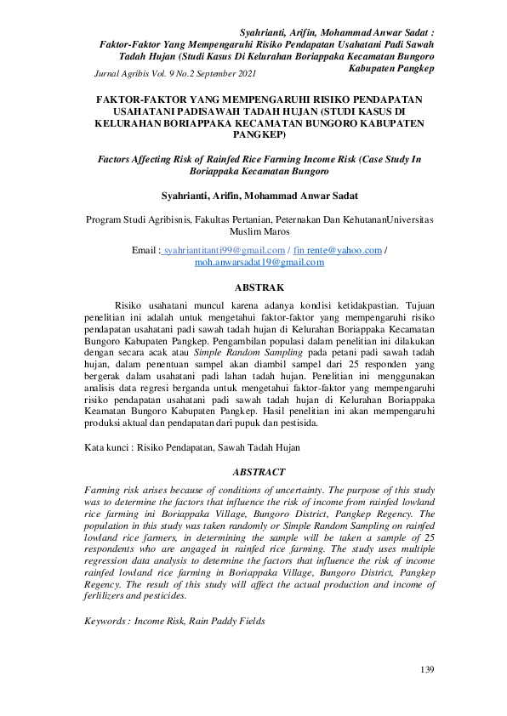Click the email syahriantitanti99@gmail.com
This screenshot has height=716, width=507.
pyautogui.click(x=224, y=251)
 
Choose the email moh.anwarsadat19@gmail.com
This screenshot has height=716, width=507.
pyautogui.click(x=259, y=263)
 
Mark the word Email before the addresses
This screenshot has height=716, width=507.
pyautogui.click(x=145, y=251)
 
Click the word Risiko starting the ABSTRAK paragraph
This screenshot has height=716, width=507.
pyautogui.click(x=128, y=304)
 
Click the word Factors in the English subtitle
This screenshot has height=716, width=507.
pyautogui.click(x=118, y=158)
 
